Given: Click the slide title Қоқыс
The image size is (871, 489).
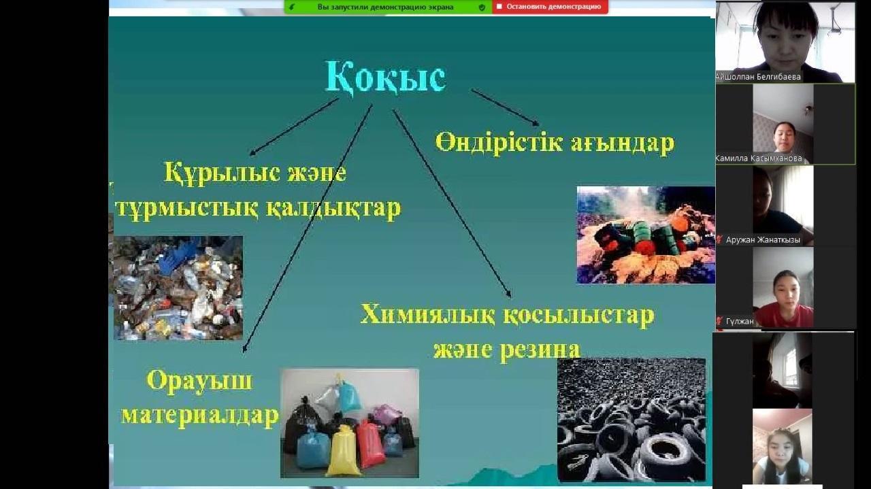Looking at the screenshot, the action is click(x=385, y=77).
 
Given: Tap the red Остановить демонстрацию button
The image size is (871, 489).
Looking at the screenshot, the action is click(x=550, y=7).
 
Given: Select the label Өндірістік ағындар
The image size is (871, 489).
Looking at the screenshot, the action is click(x=555, y=142).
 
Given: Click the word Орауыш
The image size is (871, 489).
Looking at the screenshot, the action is click(x=199, y=381).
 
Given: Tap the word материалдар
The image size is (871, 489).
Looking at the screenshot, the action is click(x=200, y=416).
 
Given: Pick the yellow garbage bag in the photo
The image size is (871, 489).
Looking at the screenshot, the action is click(x=343, y=451).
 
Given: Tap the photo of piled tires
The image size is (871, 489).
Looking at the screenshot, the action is click(x=631, y=420).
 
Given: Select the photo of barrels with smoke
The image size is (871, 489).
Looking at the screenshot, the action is click(x=646, y=235).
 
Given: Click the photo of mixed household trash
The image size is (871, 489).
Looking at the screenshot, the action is click(x=178, y=288).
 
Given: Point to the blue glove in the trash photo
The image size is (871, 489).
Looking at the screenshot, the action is click(x=180, y=253).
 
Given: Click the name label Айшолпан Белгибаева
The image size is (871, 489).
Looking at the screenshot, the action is click(x=758, y=77).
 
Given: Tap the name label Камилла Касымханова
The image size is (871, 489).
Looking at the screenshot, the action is click(x=759, y=158).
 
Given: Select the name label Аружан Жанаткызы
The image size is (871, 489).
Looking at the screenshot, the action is click(x=763, y=240).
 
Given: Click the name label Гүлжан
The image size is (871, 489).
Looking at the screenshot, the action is click(x=740, y=322).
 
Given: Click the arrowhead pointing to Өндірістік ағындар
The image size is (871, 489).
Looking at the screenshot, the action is click(x=535, y=123).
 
